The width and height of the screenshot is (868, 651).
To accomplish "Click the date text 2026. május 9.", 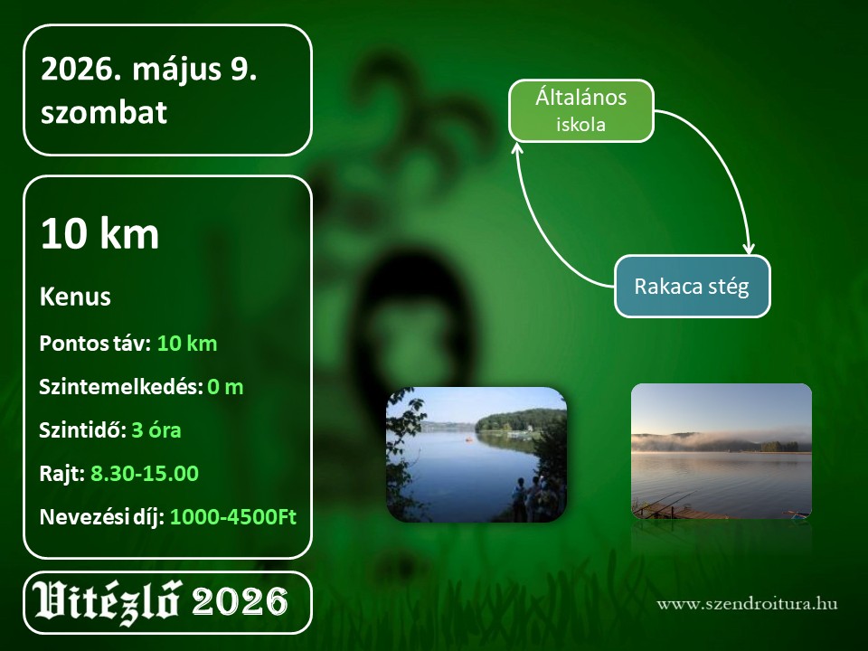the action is pos(149,71).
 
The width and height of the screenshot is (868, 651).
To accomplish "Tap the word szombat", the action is pos(103,112).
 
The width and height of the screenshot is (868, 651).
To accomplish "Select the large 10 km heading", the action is pos(99,233).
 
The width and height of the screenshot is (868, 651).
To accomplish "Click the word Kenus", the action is pos(75,297).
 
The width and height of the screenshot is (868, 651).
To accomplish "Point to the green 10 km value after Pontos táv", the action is pos(187,344).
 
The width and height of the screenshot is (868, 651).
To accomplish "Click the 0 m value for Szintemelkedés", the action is pos(225,386).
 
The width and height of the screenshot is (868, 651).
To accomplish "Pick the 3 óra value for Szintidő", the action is pos(156,429).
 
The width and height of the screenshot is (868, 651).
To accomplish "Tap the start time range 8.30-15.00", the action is pos(145,473).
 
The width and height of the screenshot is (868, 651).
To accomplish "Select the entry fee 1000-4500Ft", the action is pos(233,516).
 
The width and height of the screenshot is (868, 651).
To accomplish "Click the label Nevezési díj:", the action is pos(102,517).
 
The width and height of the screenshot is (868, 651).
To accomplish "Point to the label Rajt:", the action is pos(62,474).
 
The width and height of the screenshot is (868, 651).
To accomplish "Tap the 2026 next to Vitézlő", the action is pos(240,602).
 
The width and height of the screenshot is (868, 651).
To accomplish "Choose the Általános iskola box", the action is pos(581,110).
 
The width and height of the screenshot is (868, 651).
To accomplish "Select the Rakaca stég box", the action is pos(692,287).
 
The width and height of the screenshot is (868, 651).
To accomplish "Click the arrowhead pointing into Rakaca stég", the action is pos(749,249).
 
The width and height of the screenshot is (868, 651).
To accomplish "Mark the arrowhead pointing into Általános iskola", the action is pos(517,147).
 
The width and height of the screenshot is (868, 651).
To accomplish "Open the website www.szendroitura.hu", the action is pos(748,603).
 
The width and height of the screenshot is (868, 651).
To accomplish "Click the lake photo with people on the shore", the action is pos(476,455).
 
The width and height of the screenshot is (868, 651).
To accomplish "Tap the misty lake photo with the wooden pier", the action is pos(722,451).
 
